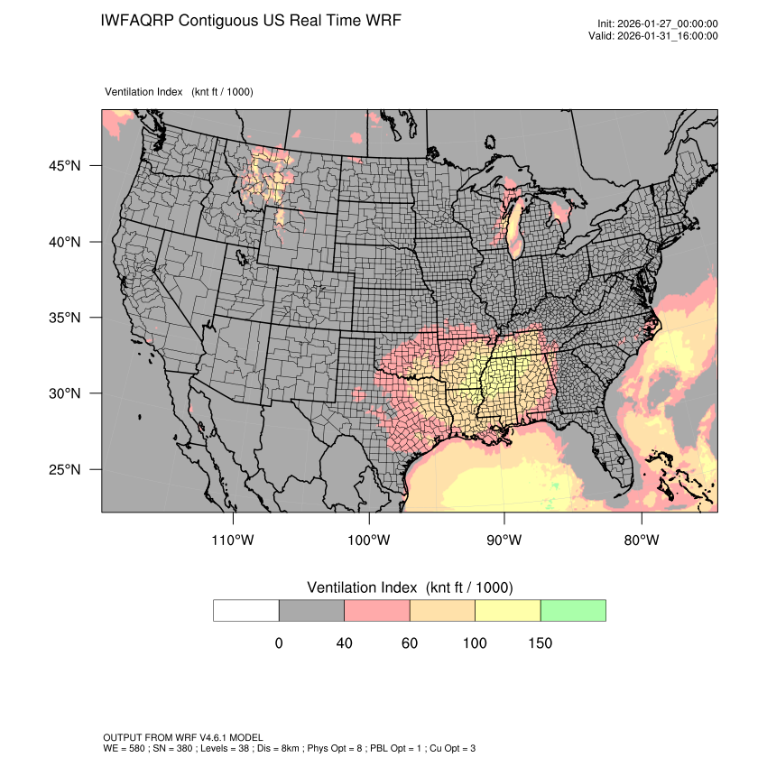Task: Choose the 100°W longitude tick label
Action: click(x=369, y=541)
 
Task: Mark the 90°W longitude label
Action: click(x=504, y=541)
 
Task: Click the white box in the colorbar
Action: click(x=246, y=610)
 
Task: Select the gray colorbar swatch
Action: click(x=311, y=610)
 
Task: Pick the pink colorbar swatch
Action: click(x=377, y=610)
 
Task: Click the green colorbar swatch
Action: click(x=573, y=610)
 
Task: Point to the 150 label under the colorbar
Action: click(x=540, y=643)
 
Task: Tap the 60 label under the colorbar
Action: click(x=410, y=643)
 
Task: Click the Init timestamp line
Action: click(x=658, y=24)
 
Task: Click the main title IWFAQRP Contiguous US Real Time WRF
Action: click(x=252, y=21)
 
